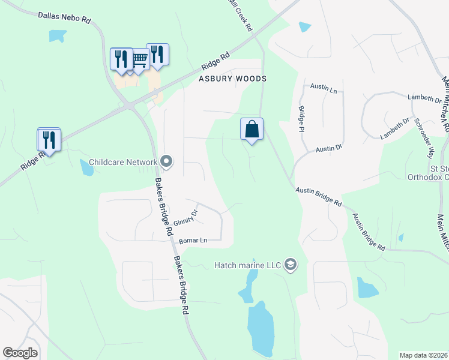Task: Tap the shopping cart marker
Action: [x=139, y=59]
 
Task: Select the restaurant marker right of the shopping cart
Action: [x=157, y=54]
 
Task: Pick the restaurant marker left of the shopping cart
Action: [x=121, y=59]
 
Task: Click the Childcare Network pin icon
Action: [x=166, y=161]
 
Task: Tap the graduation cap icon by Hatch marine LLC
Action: [x=291, y=265]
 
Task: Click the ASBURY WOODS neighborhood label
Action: [x=232, y=79]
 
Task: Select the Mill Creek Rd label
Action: [x=241, y=15]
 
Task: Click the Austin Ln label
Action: [x=324, y=88]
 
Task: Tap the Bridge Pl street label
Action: [x=301, y=119]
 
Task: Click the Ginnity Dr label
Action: [x=187, y=216]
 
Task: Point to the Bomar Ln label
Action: [x=193, y=241]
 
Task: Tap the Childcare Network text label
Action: [x=122, y=162]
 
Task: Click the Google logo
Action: [x=20, y=353]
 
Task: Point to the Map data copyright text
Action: [x=423, y=355]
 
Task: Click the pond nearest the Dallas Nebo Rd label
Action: [x=58, y=35]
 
